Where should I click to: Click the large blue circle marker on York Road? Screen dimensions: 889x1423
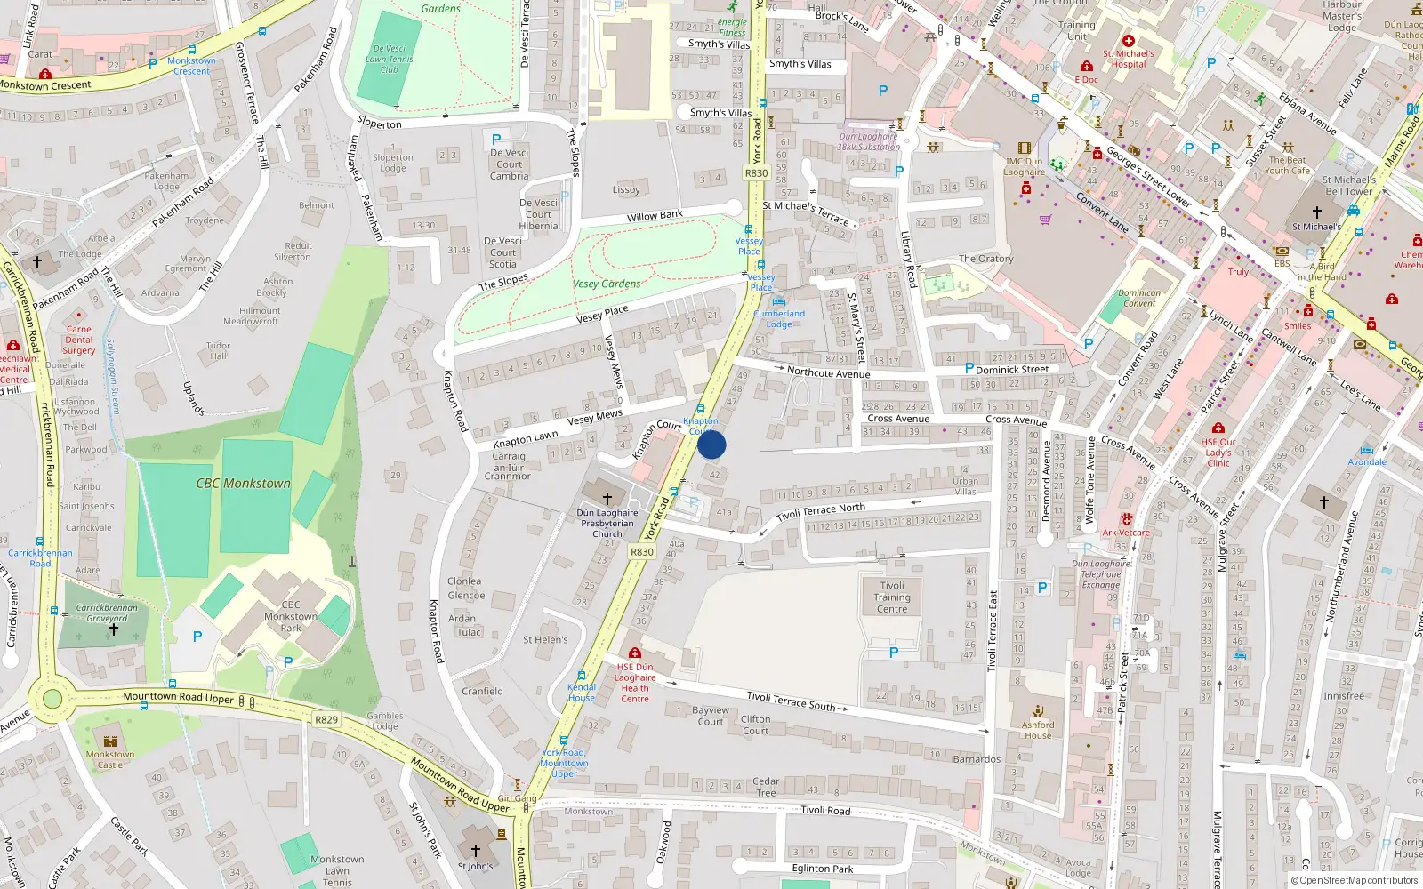711,444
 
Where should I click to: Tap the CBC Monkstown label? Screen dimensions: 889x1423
244,484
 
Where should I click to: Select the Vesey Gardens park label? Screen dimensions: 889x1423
607,284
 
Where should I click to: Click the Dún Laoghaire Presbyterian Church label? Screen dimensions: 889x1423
607,524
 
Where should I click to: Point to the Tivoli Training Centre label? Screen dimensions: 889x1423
892,597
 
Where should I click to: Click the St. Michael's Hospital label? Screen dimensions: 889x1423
1129,59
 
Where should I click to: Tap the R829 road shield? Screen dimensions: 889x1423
326,719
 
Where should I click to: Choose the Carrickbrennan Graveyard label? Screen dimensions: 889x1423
107,613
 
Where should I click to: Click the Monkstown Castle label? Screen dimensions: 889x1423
110,759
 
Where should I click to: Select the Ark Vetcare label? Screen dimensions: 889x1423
1126,533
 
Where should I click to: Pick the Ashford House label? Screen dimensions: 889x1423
1038,730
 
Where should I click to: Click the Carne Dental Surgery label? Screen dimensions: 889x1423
79,340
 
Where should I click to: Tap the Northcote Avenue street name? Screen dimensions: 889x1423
828,373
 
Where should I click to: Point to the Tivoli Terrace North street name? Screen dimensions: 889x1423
820,512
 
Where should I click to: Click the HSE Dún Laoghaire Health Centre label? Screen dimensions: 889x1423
635,683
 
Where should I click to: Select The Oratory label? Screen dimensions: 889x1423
985,259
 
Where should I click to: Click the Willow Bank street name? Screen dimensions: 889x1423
655,216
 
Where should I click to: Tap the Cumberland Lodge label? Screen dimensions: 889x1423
779,318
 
